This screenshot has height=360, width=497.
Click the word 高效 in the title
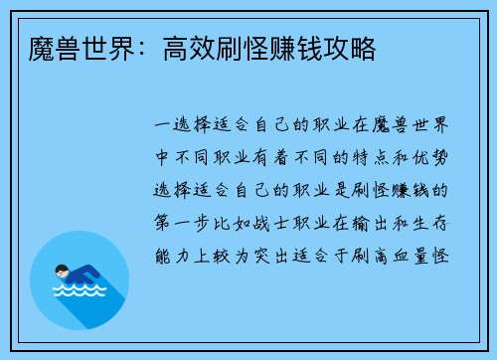(190, 47)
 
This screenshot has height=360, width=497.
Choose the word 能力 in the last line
(166, 254)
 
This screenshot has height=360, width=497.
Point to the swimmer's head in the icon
(61, 269)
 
